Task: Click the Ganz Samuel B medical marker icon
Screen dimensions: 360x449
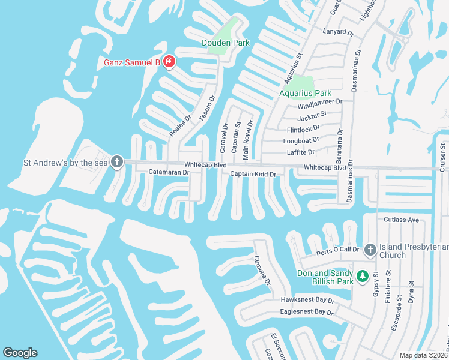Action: (169, 62)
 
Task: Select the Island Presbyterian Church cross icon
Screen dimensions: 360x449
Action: (370, 250)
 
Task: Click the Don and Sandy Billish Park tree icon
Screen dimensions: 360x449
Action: (362, 276)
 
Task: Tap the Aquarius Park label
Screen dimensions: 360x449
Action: (305, 93)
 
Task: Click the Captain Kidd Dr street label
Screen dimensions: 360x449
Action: (253, 174)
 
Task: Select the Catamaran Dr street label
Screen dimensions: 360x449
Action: (169, 172)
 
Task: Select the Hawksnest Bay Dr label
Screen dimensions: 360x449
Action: (307, 300)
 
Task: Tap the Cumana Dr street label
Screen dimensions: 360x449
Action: (262, 271)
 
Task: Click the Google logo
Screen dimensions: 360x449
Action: (20, 353)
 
